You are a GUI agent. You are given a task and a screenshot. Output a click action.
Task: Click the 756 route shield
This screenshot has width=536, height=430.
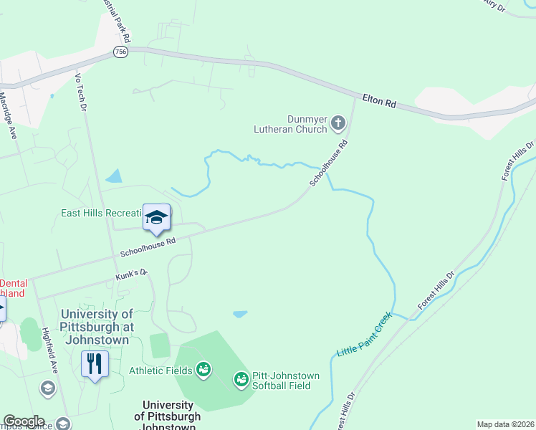(120, 52)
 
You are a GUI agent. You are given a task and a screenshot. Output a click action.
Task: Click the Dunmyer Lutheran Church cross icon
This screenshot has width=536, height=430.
(338, 125)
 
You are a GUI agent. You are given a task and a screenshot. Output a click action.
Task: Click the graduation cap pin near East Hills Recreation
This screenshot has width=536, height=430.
(156, 217)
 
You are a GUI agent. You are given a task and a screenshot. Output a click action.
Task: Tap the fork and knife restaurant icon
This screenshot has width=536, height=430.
(95, 363)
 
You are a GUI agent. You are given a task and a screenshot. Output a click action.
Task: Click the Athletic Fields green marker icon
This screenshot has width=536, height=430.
(204, 369)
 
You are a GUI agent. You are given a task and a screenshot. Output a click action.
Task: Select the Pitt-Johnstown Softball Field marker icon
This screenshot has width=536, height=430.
(241, 378)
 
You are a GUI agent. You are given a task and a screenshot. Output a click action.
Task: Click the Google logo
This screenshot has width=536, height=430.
(23, 421)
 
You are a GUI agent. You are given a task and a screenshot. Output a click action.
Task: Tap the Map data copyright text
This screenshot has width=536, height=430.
(505, 424)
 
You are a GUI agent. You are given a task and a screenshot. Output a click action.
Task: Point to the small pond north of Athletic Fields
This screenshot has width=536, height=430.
(240, 314)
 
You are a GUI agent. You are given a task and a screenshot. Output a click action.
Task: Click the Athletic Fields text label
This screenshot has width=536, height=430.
(161, 371)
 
